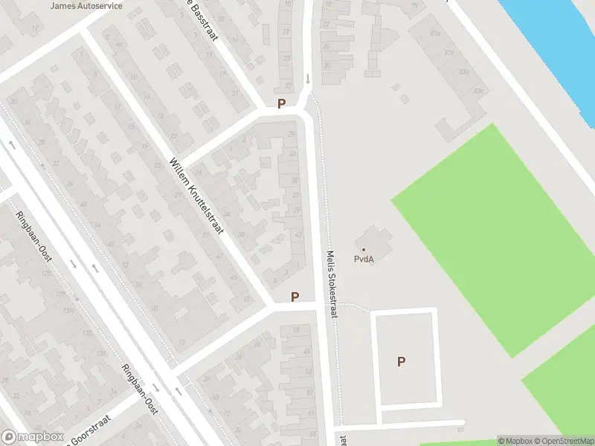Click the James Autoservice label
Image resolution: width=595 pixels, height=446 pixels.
[86, 5]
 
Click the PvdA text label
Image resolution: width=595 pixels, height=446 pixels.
[363, 259]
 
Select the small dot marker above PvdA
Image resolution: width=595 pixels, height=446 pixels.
[364, 249]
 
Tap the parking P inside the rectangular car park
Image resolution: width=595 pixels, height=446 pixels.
[402, 362]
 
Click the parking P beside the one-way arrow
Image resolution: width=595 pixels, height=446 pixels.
[281, 104]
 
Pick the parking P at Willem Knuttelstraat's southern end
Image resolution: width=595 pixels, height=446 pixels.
[295, 297]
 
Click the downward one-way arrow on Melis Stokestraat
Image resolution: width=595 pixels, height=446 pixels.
[308, 78]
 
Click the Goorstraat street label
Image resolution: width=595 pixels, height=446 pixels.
[89, 431]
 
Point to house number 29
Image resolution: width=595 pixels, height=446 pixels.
[292, 133]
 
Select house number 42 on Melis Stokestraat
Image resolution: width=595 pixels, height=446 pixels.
[299, 236]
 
